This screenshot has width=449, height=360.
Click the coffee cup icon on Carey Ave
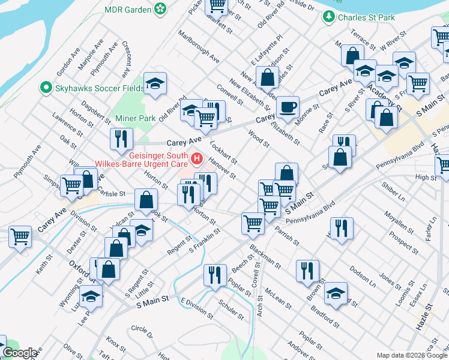[x=288, y=107]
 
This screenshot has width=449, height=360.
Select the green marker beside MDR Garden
[x=160, y=9]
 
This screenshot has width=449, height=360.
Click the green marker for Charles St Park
[x=328, y=17]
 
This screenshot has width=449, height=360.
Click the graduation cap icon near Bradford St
[x=336, y=293]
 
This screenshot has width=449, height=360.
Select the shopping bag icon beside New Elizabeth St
[x=267, y=77]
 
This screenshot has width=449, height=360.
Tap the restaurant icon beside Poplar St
[x=214, y=275]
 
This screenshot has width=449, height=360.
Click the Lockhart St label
[x=224, y=152]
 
